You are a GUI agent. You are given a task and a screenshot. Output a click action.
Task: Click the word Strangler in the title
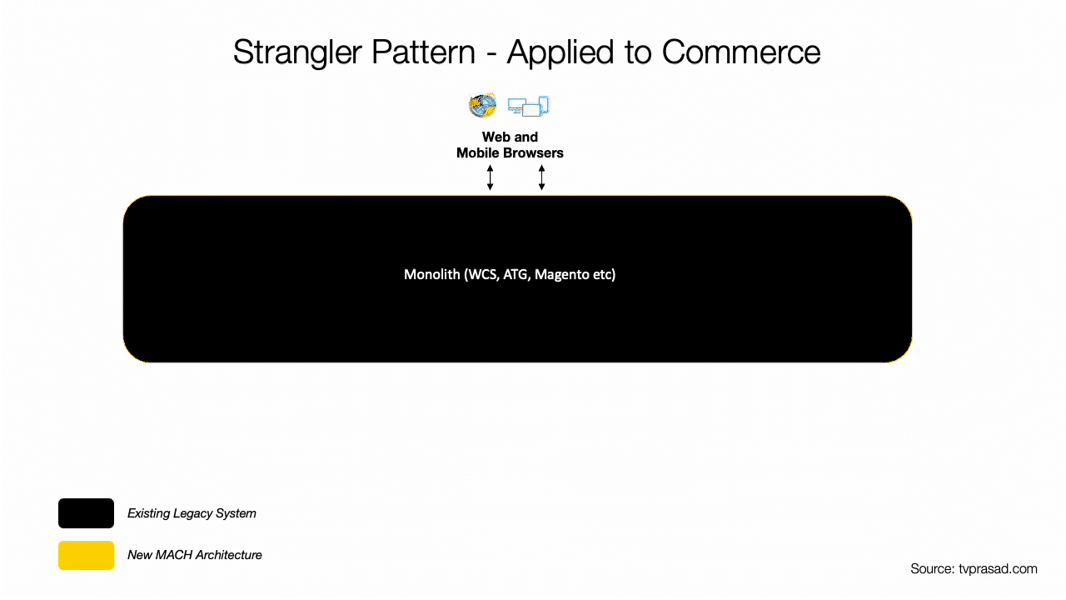click(x=297, y=53)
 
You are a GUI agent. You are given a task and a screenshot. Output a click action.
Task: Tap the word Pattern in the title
click(x=423, y=52)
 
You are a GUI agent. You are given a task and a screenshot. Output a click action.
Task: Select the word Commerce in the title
click(x=741, y=52)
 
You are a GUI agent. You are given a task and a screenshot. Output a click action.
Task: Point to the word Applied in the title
click(x=560, y=53)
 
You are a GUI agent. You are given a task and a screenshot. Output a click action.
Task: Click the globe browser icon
click(x=482, y=105)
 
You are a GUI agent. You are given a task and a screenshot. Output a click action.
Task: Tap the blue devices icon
click(x=529, y=106)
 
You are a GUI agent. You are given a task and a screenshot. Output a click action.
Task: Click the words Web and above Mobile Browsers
click(x=510, y=137)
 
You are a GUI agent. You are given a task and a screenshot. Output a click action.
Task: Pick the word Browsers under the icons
click(x=534, y=152)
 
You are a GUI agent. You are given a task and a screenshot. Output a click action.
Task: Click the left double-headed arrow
click(x=491, y=177)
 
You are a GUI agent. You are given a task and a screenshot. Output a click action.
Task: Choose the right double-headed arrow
click(x=541, y=177)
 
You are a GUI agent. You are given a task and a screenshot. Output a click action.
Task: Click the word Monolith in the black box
click(x=431, y=274)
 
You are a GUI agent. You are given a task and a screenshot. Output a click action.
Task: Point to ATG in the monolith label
click(x=516, y=275)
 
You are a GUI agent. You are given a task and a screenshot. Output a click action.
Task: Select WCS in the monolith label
click(x=482, y=275)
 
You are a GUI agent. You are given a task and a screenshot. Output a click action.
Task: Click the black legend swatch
click(x=86, y=513)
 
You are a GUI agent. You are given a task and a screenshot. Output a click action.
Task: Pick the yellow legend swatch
click(x=86, y=555)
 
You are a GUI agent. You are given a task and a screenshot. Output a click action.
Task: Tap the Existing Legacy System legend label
click(x=192, y=513)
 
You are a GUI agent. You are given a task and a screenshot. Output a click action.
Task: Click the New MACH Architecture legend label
click(x=195, y=555)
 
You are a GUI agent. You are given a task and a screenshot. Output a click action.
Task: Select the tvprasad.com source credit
click(x=974, y=569)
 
